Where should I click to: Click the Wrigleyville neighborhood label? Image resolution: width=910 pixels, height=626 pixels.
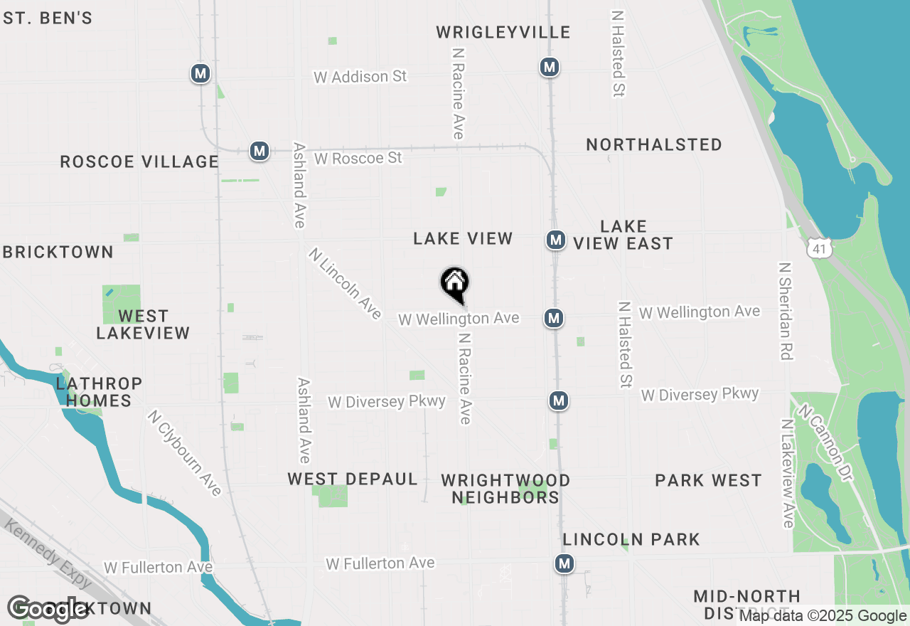point(503,33)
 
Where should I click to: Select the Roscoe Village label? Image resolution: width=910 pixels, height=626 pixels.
point(139,162)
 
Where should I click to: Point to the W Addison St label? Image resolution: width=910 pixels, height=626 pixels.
point(360,77)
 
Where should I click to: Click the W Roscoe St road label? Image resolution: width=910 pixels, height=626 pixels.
point(358,158)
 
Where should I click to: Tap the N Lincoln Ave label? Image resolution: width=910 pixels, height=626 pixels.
point(346,283)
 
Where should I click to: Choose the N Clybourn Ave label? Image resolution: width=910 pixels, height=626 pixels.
point(186,452)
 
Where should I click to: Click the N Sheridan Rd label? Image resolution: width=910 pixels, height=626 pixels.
point(786,312)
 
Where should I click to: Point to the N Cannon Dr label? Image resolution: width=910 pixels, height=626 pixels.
point(825,442)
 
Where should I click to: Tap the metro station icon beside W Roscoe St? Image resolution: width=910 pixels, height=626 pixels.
point(259,151)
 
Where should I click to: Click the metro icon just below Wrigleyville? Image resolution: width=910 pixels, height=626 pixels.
point(549,67)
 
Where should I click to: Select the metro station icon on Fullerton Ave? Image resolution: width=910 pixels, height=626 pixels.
point(564,564)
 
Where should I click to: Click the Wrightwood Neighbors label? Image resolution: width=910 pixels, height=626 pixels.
point(505,489)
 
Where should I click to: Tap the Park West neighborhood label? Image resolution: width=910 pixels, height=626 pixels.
point(708,481)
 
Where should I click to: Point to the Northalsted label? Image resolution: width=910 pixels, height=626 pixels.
point(654,145)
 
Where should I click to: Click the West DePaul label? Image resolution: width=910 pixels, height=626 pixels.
point(353,479)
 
